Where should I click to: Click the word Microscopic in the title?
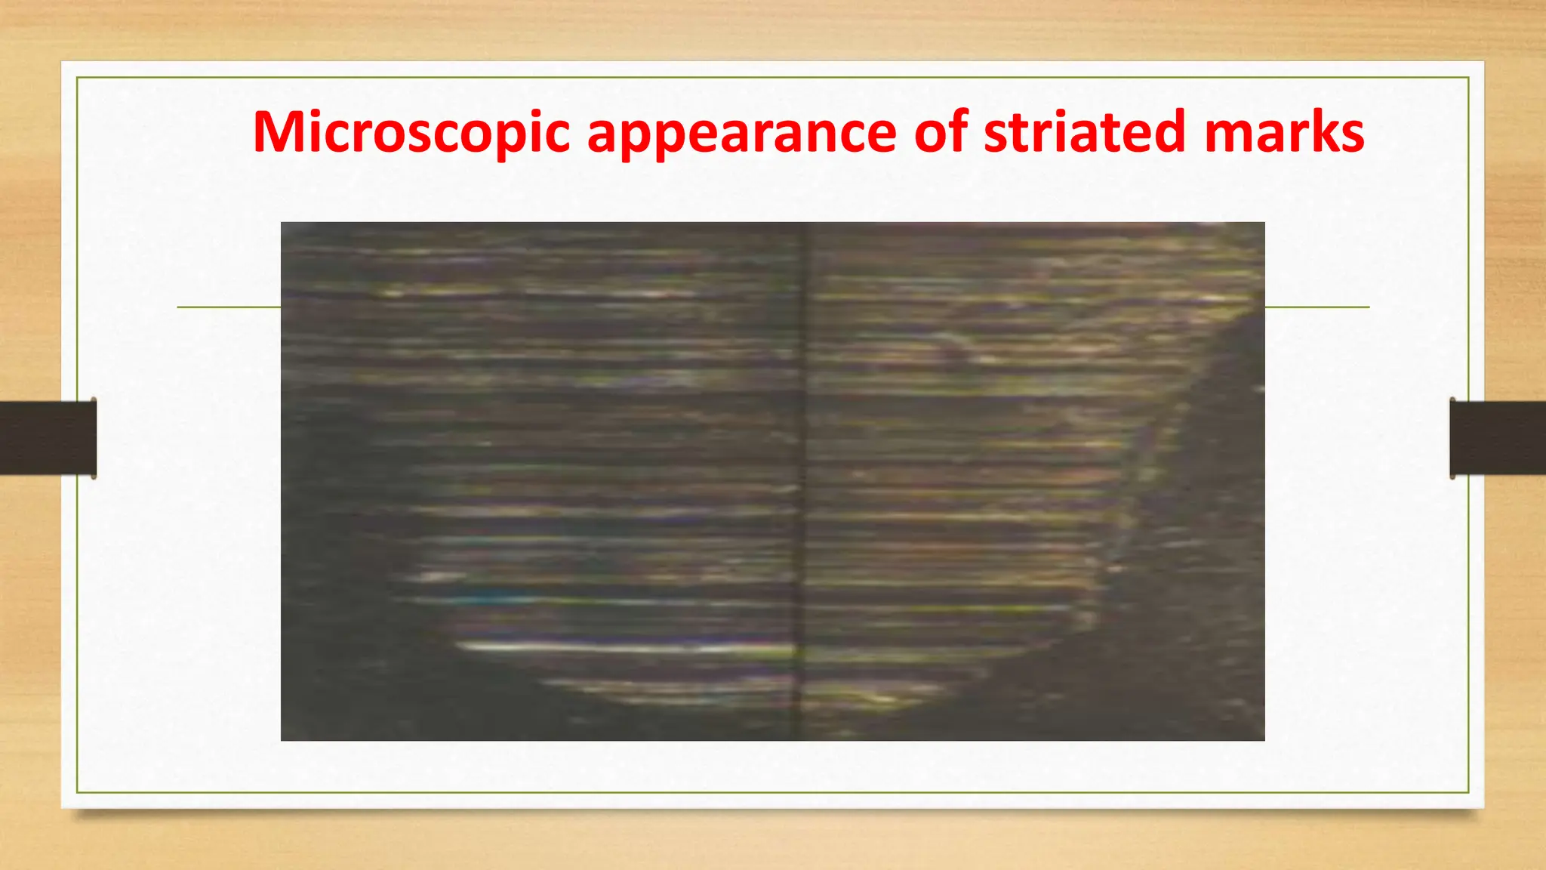pyautogui.click(x=411, y=132)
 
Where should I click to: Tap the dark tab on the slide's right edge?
pyautogui.click(x=1498, y=438)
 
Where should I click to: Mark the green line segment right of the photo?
pyautogui.click(x=1317, y=307)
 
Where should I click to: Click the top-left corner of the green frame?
pyautogui.click(x=77, y=78)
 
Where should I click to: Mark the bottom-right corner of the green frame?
pyautogui.click(x=1468, y=792)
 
